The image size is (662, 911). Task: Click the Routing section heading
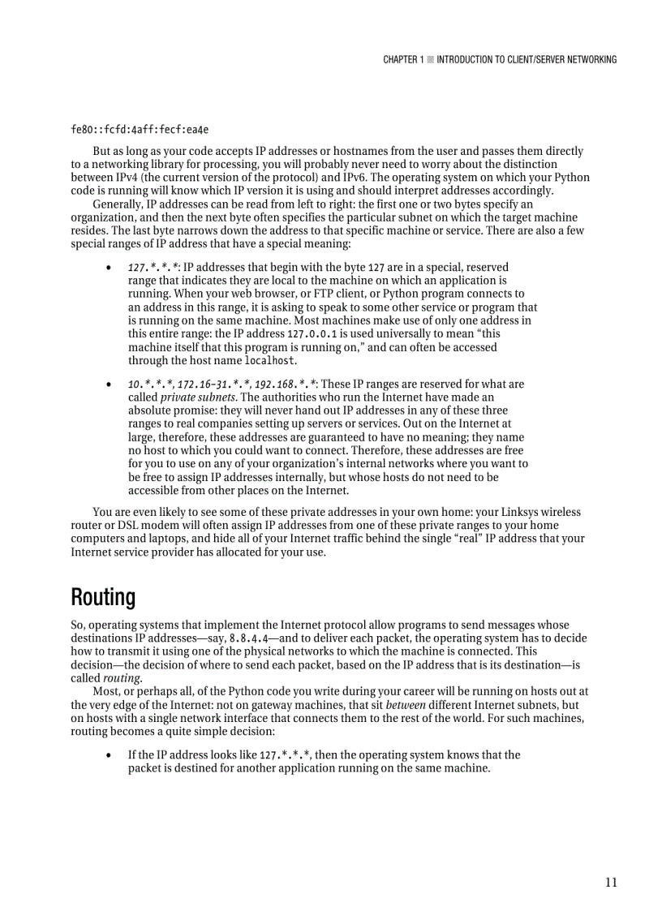[103, 598]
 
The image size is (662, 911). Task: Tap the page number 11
[610, 883]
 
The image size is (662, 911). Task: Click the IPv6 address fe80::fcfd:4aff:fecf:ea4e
[140, 130]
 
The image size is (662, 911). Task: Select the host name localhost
[270, 360]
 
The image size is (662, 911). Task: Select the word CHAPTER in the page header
[400, 59]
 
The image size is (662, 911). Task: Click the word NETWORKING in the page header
[586, 59]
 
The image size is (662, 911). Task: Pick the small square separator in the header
[430, 59]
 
